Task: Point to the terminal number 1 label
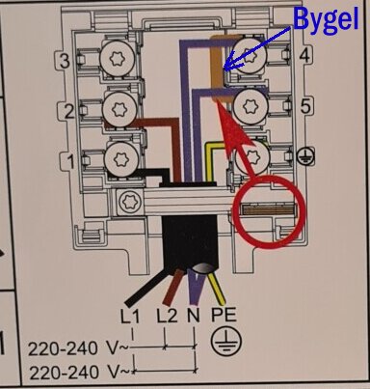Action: coord(68,160)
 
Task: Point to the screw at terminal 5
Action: coord(252,101)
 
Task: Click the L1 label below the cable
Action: coord(131,316)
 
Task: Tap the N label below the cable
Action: coord(194,316)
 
